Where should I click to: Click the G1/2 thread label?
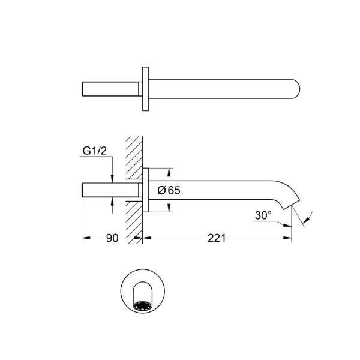pos(95,151)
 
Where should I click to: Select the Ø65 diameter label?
pos(169,190)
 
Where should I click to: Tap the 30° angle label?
pos(263,215)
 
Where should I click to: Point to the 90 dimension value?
pos(112,238)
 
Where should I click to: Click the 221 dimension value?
pos(217,238)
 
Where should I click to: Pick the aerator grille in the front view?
pos(143,306)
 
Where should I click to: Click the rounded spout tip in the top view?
pos(296,89)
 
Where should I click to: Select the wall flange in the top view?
pos(145,89)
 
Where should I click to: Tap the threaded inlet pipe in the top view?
pos(110,89)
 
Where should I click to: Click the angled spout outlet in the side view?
pos(292,203)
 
